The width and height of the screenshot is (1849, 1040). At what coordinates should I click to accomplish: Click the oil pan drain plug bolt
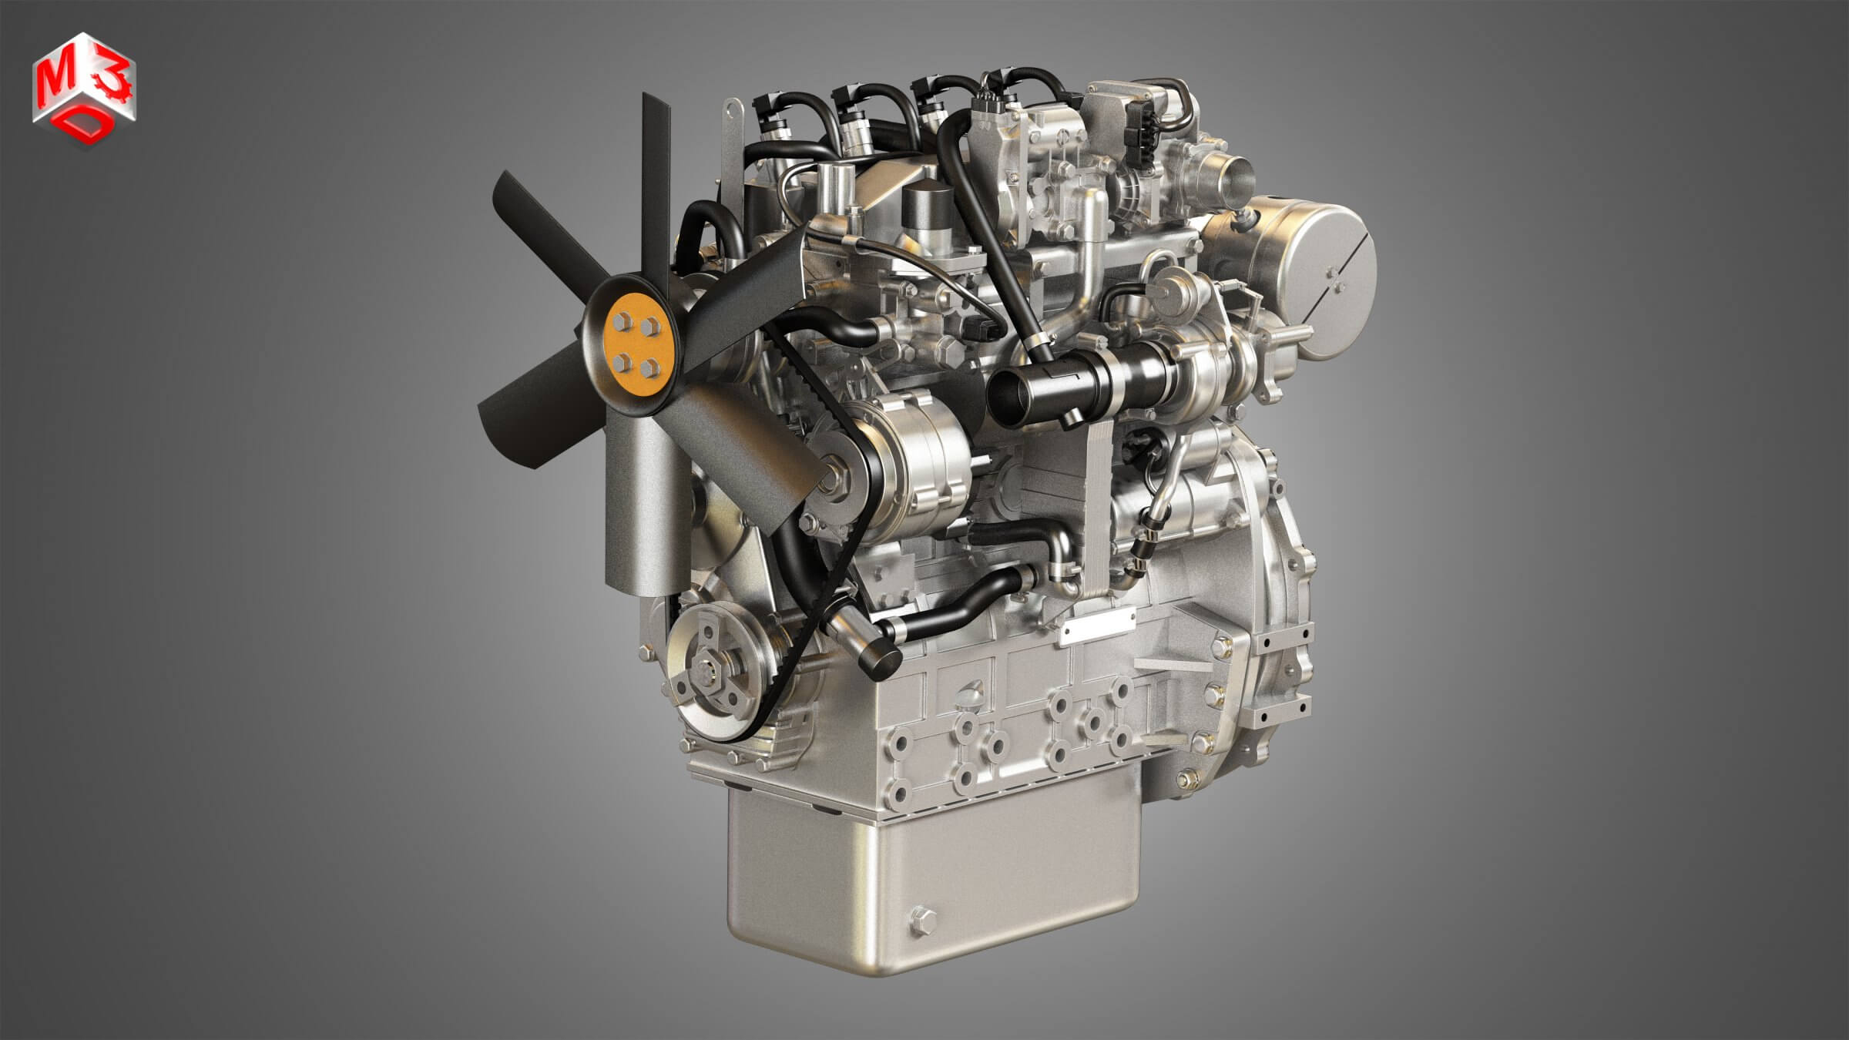(x=921, y=918)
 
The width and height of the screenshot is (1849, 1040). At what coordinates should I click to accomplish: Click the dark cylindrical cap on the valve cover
(x=926, y=205)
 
